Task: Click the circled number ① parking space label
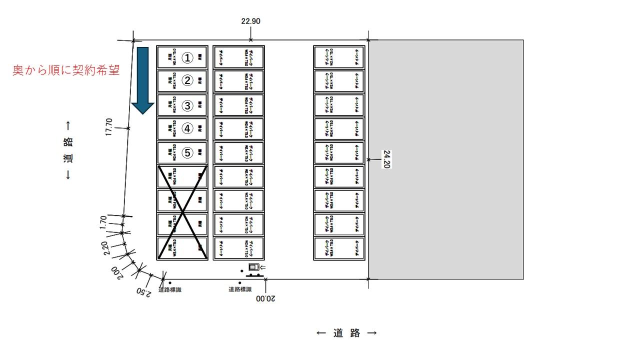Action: (x=187, y=58)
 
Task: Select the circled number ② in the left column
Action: (x=187, y=80)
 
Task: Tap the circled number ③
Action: (x=187, y=105)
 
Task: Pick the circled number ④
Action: (x=187, y=128)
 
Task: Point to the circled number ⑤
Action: (x=187, y=153)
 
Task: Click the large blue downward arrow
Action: (x=143, y=80)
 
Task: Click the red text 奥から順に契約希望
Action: (x=66, y=70)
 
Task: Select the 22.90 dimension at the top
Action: (x=250, y=21)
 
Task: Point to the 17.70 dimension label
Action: (x=109, y=127)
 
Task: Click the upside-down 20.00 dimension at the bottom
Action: (x=265, y=298)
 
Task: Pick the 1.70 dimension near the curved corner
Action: (x=103, y=222)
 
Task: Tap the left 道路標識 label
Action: (x=170, y=290)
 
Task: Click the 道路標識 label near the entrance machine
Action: (x=240, y=289)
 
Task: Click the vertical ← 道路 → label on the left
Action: (x=68, y=150)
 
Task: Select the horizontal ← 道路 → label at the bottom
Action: (x=346, y=333)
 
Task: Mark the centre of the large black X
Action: (x=182, y=212)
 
